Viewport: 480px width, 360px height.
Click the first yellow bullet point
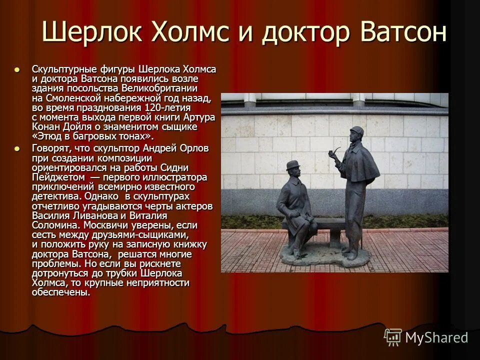(18, 69)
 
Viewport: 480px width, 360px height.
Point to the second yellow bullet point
(18, 148)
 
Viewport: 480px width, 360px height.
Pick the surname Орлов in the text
(192, 148)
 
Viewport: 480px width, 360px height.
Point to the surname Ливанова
(96, 215)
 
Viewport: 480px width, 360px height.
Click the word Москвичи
(108, 225)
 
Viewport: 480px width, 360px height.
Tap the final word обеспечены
(60, 292)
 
